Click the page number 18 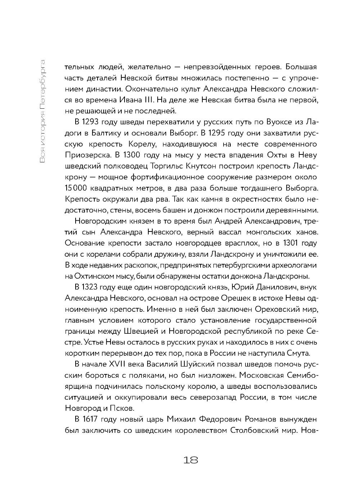coord(191,460)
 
